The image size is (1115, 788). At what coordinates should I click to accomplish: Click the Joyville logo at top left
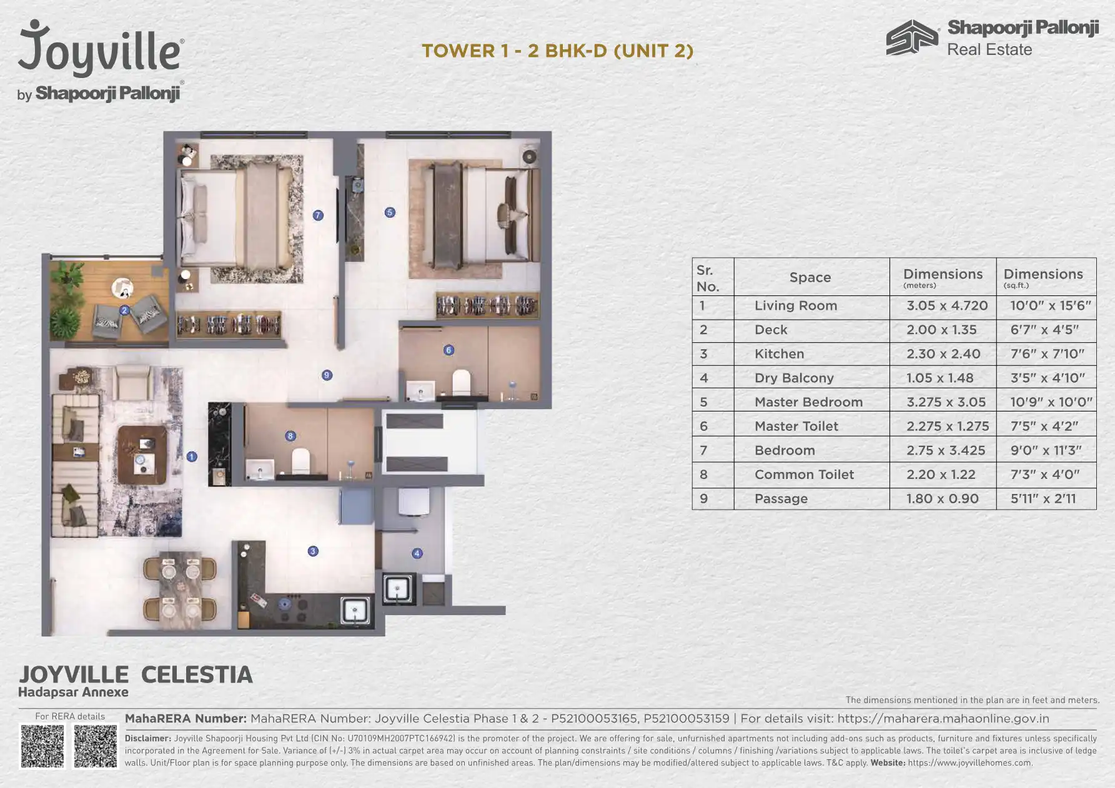pos(101,60)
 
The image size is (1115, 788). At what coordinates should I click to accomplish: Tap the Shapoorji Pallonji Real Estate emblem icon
pos(912,37)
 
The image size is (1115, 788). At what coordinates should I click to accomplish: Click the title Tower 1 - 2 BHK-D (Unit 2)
pos(557,51)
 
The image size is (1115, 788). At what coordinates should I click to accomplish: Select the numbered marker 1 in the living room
pos(192,456)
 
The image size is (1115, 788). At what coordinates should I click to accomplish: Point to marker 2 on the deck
pos(124,310)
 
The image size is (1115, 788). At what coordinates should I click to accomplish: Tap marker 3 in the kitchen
pos(313,551)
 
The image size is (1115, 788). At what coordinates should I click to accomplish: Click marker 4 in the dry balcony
pos(417,553)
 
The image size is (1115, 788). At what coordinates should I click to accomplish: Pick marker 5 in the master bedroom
pos(390,212)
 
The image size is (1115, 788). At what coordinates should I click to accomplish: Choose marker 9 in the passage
pos(327,375)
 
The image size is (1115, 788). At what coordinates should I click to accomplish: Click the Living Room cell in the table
pos(795,305)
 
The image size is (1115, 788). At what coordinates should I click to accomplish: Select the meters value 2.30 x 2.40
pos(943,354)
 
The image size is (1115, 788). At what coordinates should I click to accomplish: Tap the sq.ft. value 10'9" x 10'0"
pos(1051,402)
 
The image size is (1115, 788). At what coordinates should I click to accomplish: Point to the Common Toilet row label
pos(804,475)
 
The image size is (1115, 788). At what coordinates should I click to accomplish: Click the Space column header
pos(810,277)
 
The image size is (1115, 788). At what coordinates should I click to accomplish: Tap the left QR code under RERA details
pos(42,746)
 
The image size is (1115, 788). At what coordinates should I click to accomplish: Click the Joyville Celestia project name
pos(136,674)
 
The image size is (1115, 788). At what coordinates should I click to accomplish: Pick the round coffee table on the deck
pos(122,289)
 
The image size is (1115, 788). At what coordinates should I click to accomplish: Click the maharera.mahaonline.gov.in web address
pos(943,719)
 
